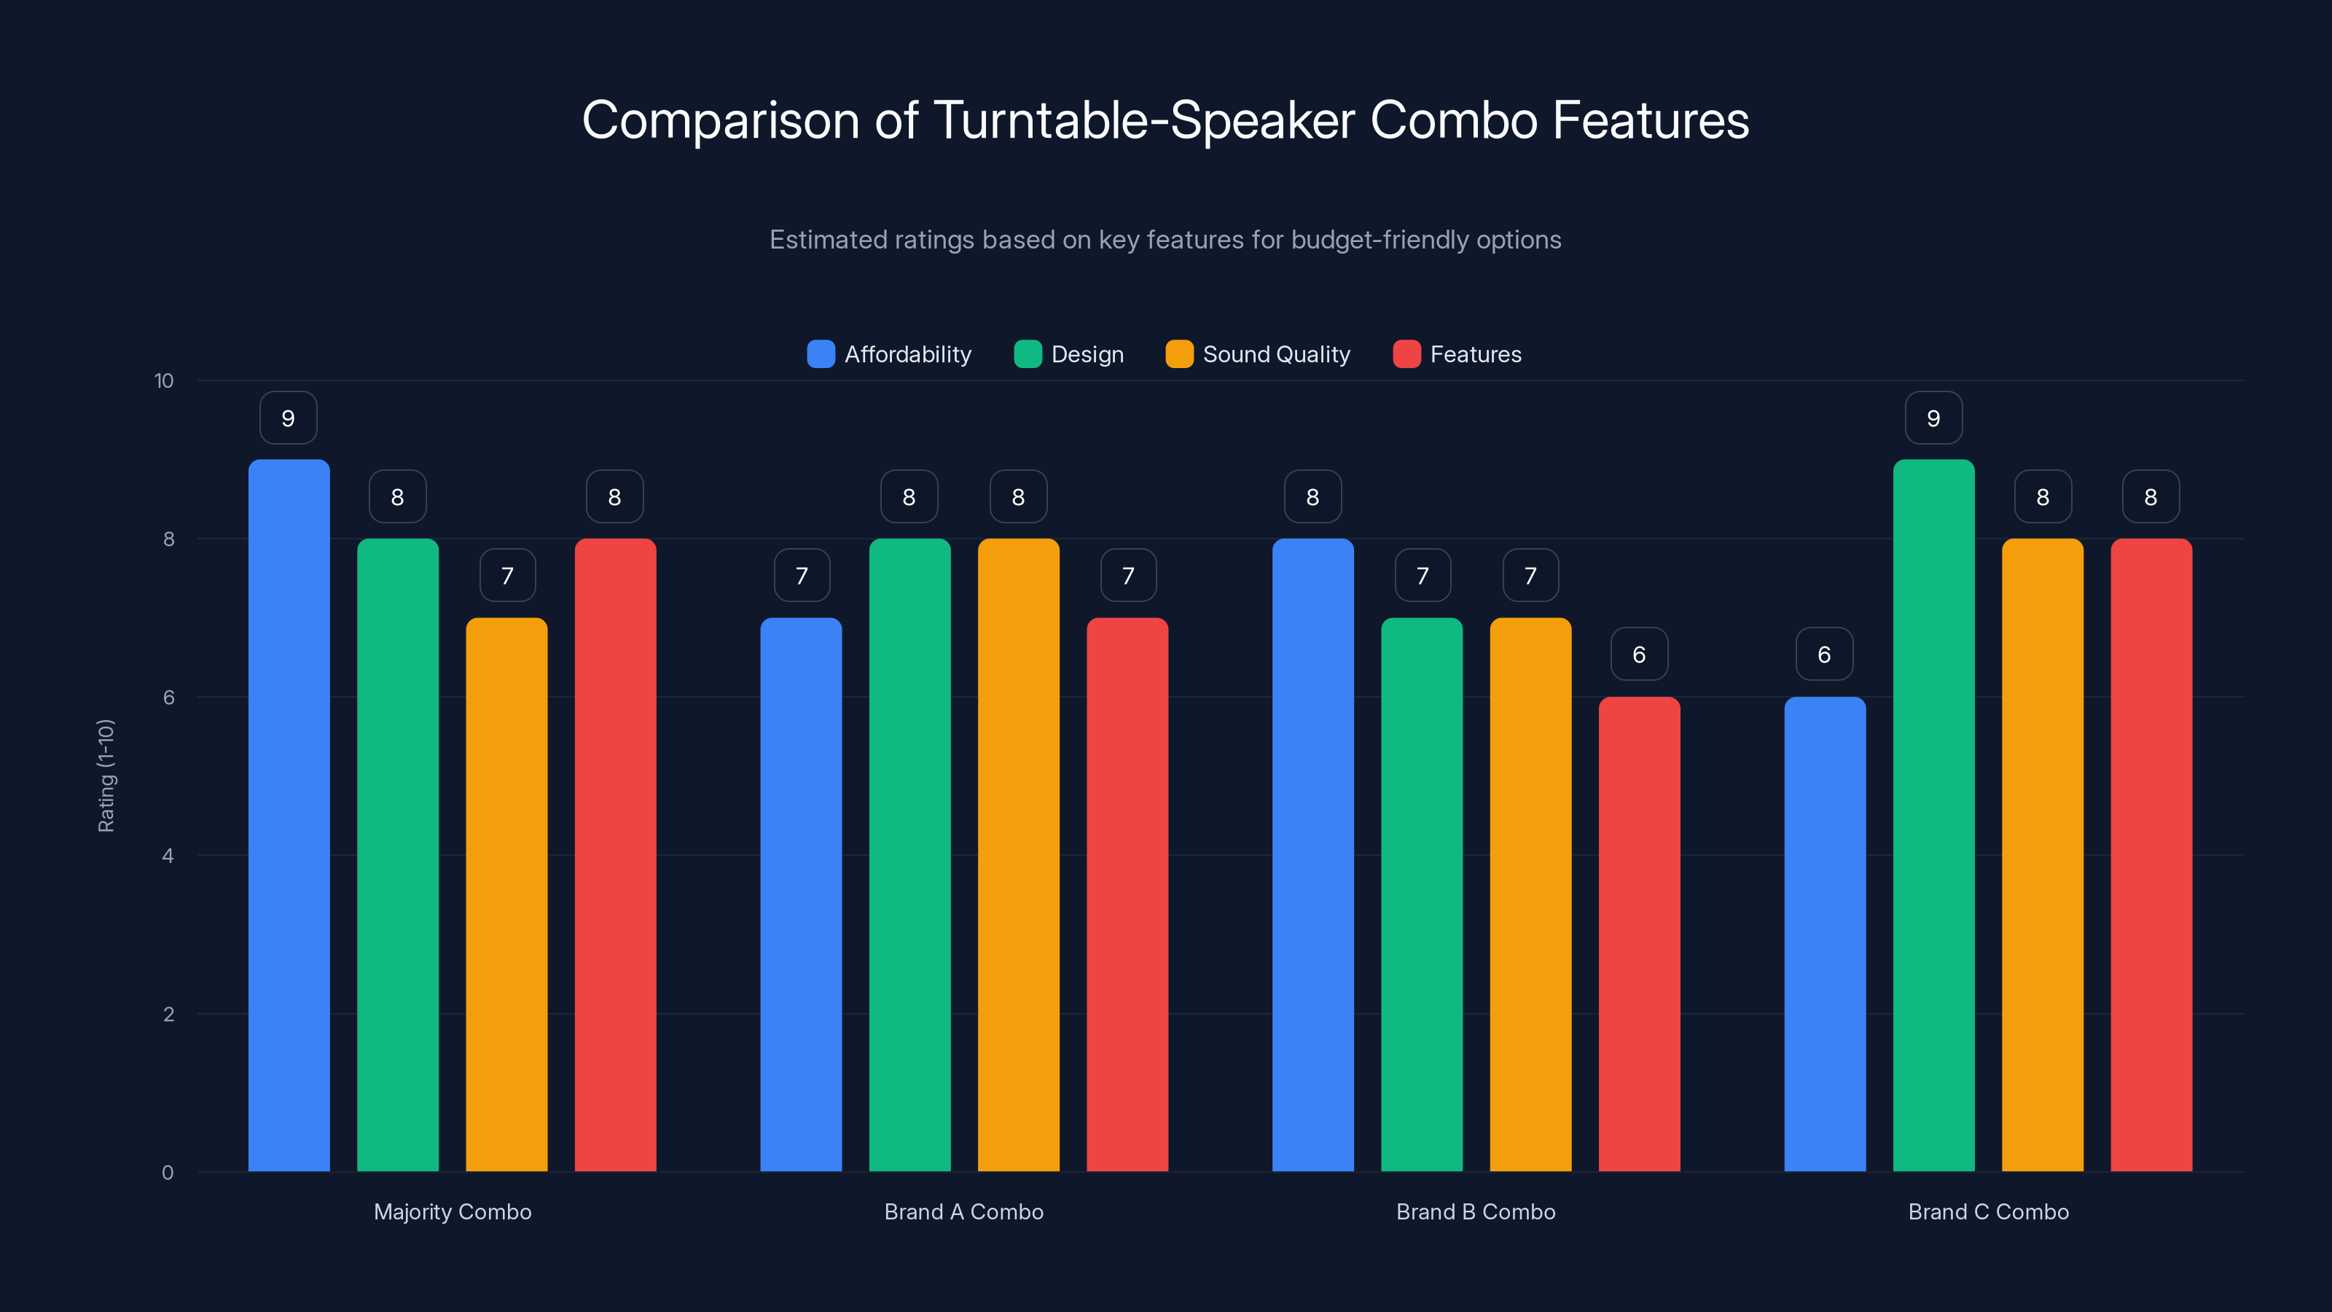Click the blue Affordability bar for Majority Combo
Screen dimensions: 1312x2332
[x=289, y=815]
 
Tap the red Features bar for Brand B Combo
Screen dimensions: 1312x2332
[x=1638, y=934]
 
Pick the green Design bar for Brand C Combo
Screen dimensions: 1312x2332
[x=1933, y=815]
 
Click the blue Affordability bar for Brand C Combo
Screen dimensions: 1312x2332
[x=1824, y=934]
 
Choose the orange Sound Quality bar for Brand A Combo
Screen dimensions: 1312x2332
[x=1019, y=855]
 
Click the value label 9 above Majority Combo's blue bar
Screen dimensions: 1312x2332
[x=288, y=418]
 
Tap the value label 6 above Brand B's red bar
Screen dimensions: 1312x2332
[x=1638, y=655]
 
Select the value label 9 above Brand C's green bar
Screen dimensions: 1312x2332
[x=1933, y=418]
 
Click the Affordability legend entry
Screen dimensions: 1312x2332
[x=889, y=354]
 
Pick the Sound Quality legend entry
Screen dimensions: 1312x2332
[x=1259, y=354]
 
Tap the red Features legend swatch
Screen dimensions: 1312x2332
[x=1406, y=354]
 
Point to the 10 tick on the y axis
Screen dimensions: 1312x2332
[x=164, y=381]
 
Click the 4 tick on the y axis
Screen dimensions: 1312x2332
[x=168, y=856]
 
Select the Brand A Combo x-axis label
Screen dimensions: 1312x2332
[x=963, y=1211]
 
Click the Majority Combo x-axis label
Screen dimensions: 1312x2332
[x=453, y=1211]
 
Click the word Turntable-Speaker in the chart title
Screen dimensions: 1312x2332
[x=1144, y=120]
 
